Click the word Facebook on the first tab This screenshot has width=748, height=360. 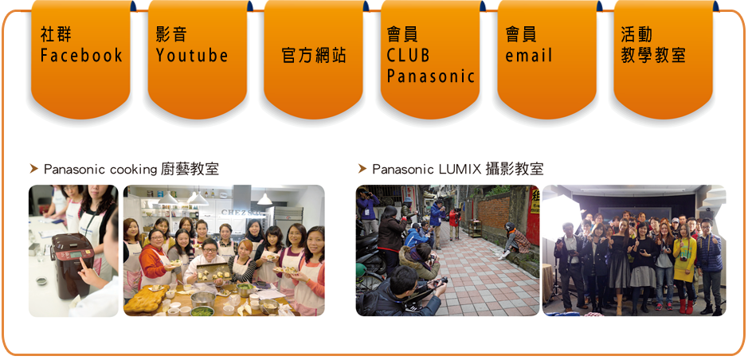81,56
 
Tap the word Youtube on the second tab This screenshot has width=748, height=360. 192,56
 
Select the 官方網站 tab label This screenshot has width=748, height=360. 314,56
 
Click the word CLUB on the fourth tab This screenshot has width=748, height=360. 408,56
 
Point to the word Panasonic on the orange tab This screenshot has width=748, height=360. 431,76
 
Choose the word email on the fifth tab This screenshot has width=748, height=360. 529,56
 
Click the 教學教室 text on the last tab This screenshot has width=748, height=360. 653,56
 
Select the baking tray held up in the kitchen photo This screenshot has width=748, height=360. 213,272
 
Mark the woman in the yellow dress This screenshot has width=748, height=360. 684,267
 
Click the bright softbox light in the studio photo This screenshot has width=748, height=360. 562,217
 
